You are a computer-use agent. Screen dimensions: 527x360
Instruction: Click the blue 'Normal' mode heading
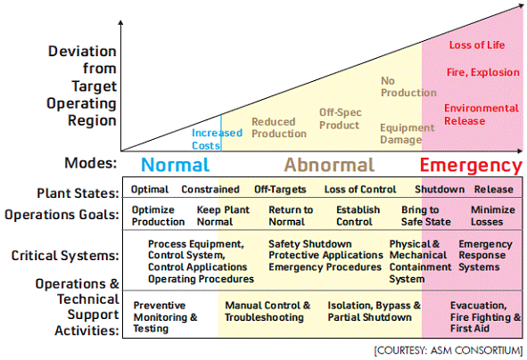point(176,165)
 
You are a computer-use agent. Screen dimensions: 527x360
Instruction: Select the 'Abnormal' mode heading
point(329,165)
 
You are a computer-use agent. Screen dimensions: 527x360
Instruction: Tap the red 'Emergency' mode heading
point(471,166)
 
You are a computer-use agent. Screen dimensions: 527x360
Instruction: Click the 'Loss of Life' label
point(477,45)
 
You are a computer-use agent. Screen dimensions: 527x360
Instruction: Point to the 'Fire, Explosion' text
point(483,72)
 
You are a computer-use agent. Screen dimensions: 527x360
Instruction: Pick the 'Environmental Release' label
point(482,115)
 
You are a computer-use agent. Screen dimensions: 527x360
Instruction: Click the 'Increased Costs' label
point(217,139)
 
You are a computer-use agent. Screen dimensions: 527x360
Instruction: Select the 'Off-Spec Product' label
point(340,119)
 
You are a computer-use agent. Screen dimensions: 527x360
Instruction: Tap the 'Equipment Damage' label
point(407,134)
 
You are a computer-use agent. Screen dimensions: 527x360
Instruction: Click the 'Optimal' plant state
point(150,190)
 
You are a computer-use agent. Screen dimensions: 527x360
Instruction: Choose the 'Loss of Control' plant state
point(360,190)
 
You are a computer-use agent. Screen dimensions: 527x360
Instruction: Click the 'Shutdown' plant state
point(440,190)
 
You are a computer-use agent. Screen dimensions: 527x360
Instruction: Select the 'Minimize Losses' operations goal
point(493,216)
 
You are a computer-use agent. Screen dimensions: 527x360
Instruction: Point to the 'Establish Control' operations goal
point(358,216)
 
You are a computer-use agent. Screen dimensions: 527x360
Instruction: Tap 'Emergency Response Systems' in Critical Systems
point(485,256)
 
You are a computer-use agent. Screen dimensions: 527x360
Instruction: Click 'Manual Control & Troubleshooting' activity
point(268,311)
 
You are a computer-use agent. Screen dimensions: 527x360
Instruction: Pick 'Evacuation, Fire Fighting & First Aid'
point(485,316)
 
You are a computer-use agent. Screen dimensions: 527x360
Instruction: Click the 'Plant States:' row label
point(78,193)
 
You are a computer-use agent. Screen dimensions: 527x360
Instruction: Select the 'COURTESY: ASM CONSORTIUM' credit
point(449,350)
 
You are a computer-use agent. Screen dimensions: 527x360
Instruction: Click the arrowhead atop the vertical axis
point(120,22)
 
